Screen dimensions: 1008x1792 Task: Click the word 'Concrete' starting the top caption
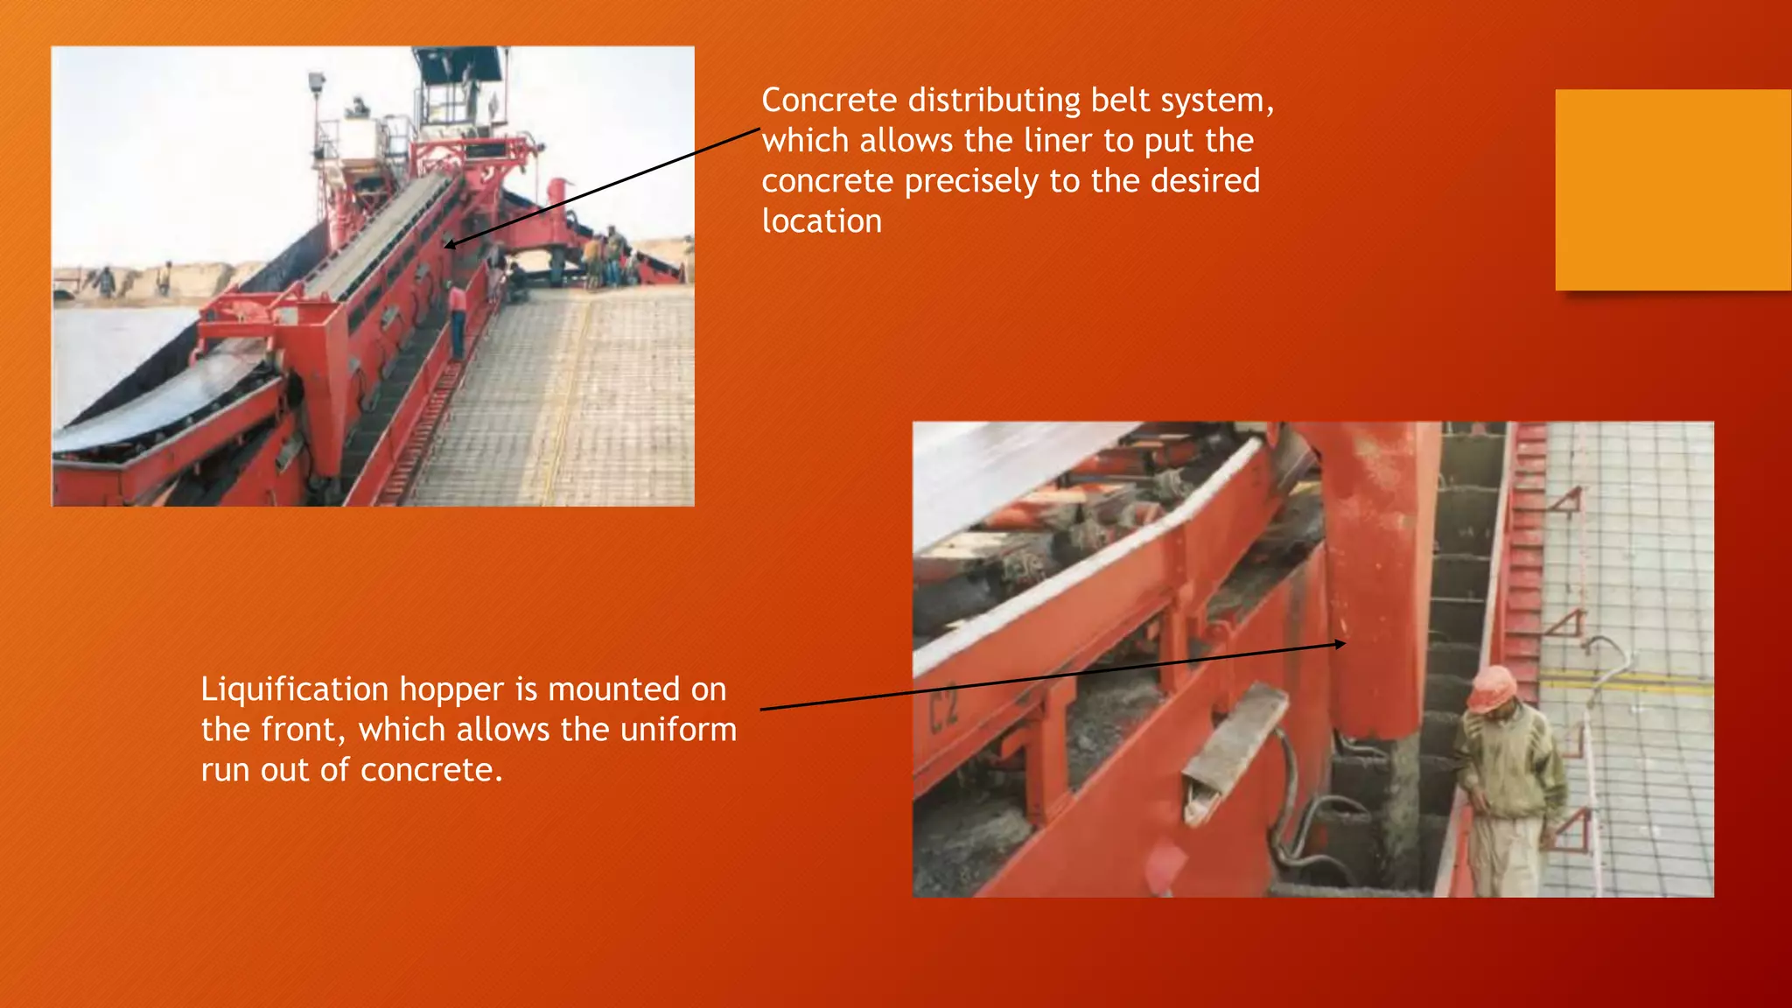click(829, 101)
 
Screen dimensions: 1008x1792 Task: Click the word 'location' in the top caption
click(822, 221)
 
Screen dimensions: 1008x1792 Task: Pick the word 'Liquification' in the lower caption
click(294, 690)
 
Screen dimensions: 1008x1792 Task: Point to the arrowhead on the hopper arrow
click(1340, 644)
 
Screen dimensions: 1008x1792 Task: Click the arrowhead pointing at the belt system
click(449, 245)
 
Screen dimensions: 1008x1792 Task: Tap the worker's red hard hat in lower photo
click(1491, 688)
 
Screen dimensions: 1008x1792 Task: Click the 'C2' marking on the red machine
click(944, 710)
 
